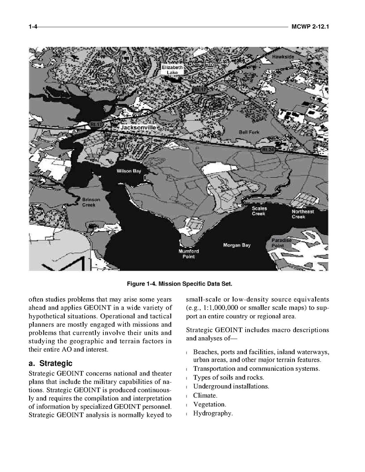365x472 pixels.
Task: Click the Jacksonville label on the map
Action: pyautogui.click(x=138, y=128)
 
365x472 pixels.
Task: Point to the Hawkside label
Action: pyautogui.click(x=283, y=57)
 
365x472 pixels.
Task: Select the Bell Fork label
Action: pyautogui.click(x=249, y=132)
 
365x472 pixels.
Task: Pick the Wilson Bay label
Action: pyautogui.click(x=128, y=171)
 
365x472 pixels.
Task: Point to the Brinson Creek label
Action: pyautogui.click(x=91, y=202)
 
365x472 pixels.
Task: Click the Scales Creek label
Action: pyautogui.click(x=259, y=211)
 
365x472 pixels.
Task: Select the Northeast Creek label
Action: pyautogui.click(x=303, y=214)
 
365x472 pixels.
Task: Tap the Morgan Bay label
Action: pyautogui.click(x=237, y=245)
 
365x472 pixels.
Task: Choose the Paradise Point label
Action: pyautogui.click(x=281, y=243)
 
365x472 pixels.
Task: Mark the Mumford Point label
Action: pyautogui.click(x=188, y=254)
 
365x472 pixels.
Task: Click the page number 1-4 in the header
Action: pyautogui.click(x=33, y=27)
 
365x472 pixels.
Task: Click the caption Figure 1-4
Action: pyautogui.click(x=182, y=284)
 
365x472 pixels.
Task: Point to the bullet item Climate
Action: pyautogui.click(x=205, y=396)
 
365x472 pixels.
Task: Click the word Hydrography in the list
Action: pyautogui.click(x=213, y=413)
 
